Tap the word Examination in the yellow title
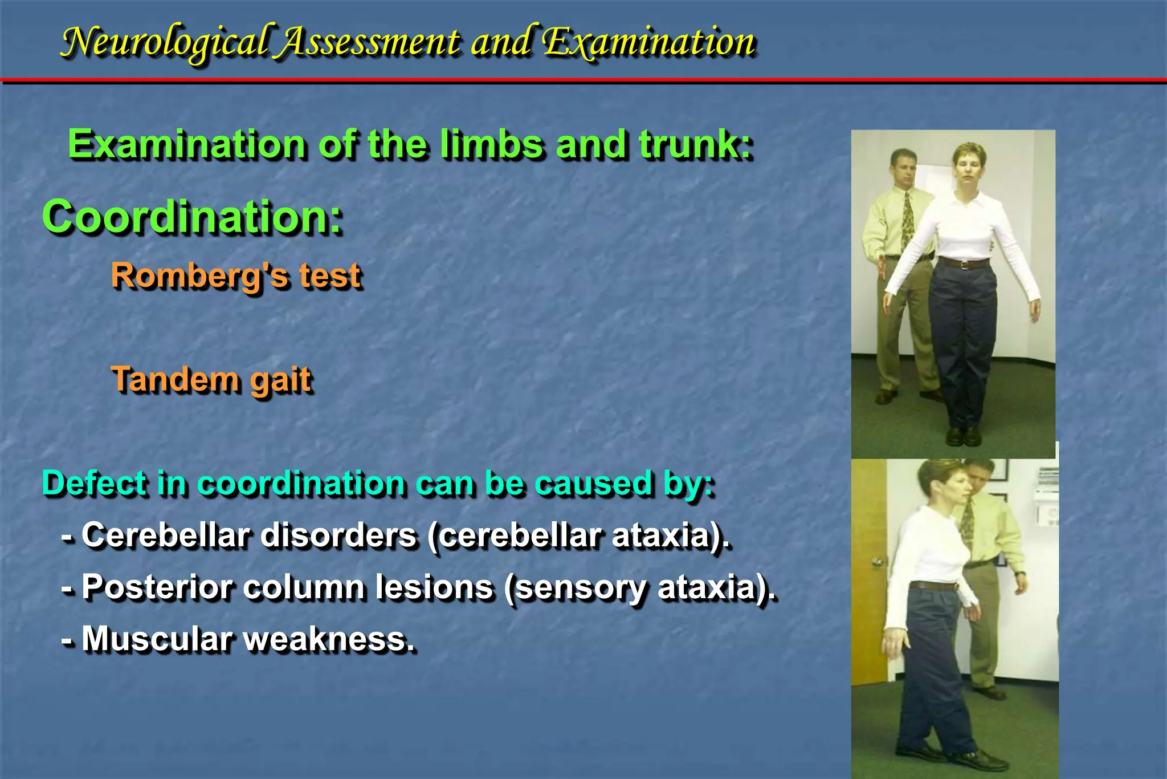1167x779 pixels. pos(648,42)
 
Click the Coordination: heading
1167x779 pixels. pos(193,217)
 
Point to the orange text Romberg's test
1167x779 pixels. pos(236,276)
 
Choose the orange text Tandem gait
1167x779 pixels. pos(212,380)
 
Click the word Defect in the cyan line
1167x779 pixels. pos(95,484)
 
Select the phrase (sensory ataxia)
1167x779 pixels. pos(640,587)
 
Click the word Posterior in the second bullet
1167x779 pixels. pos(156,587)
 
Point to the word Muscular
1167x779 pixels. pos(156,639)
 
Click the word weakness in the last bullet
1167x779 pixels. pos(328,639)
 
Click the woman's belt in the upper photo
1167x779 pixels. pos(964,263)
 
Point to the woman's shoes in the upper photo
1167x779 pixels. pos(963,436)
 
